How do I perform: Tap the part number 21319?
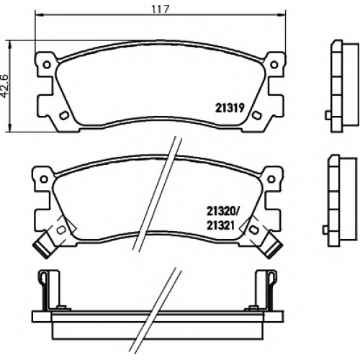pos(230,108)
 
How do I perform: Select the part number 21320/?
pos(222,212)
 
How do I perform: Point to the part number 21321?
pos(220,225)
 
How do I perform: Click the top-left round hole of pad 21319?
pos(47,65)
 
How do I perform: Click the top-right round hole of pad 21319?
pos(274,65)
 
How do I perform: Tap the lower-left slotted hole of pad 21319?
pos(64,115)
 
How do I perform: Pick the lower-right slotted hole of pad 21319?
pos(257,115)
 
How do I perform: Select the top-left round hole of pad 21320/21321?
pos(43,179)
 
